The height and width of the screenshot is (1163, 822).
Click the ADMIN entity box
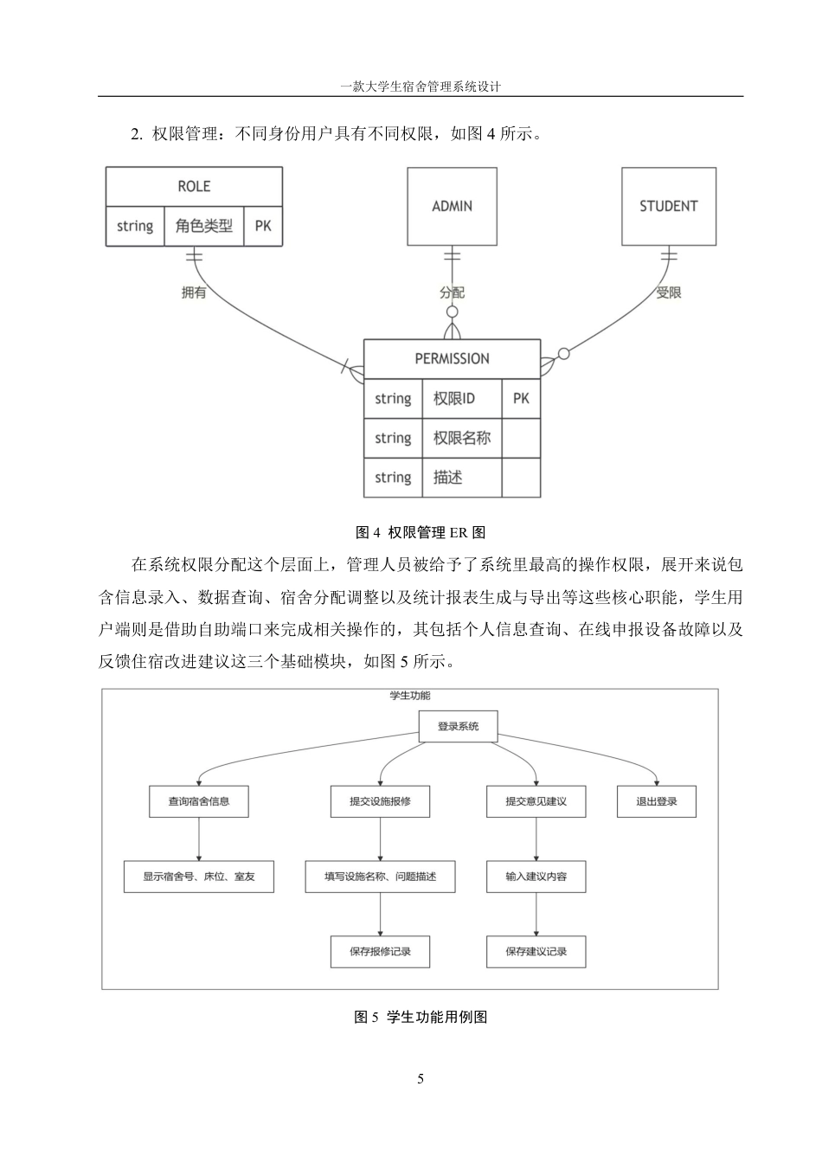452,206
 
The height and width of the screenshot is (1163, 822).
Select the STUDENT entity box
668,206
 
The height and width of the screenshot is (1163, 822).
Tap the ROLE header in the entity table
194,186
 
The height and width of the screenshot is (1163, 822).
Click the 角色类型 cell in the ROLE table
204,226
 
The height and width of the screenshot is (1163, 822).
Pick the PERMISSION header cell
452,358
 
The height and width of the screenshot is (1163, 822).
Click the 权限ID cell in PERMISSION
461,399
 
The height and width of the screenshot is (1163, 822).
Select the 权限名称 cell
461,438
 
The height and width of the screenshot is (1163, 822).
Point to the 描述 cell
461,478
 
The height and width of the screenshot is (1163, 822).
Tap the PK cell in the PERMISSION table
521,399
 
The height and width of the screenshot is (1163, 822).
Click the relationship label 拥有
194,292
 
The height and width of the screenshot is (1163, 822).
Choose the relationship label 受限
668,292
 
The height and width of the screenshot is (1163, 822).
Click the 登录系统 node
458,726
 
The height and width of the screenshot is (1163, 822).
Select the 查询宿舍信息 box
199,801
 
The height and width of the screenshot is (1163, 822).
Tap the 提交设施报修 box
380,801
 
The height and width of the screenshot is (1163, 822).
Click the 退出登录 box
656,801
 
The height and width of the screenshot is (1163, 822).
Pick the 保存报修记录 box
380,952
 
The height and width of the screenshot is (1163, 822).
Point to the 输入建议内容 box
536,877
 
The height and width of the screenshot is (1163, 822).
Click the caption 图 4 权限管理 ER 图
421,532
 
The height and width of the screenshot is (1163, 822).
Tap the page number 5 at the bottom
421,1079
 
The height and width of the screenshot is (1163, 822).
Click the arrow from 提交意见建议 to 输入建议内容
536,839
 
